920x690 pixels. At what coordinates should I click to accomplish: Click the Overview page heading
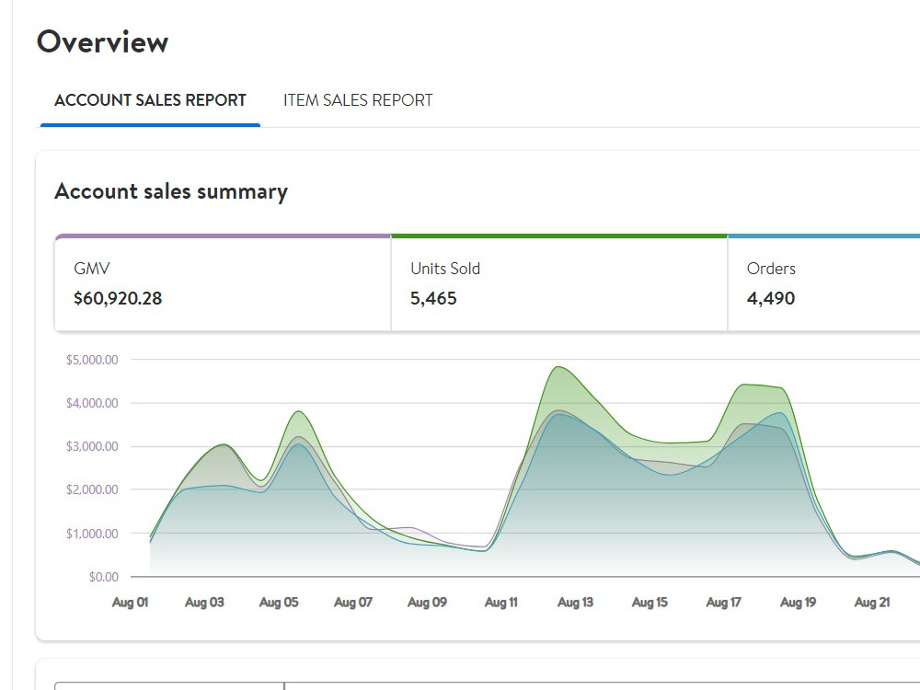pyautogui.click(x=103, y=42)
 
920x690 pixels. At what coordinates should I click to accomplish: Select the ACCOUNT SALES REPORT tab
pyautogui.click(x=150, y=100)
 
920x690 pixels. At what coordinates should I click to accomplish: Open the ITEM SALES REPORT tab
pyautogui.click(x=358, y=100)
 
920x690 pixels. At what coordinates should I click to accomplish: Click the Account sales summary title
pyautogui.click(x=171, y=192)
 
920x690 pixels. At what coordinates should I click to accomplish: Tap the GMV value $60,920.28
pyautogui.click(x=118, y=299)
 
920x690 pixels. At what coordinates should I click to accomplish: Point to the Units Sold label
pyautogui.click(x=445, y=269)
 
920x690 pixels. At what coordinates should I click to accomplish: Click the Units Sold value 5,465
pyautogui.click(x=433, y=299)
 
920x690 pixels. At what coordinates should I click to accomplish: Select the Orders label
pyautogui.click(x=771, y=269)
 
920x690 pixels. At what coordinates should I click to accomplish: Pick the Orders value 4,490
pyautogui.click(x=771, y=299)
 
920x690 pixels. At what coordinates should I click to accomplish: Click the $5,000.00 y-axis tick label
pyautogui.click(x=92, y=360)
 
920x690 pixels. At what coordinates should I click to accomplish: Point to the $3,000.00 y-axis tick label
pyautogui.click(x=92, y=446)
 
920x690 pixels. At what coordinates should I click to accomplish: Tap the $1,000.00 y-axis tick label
pyautogui.click(x=92, y=534)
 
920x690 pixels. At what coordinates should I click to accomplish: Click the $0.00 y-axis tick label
pyautogui.click(x=104, y=578)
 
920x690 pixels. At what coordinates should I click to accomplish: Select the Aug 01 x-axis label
pyautogui.click(x=131, y=603)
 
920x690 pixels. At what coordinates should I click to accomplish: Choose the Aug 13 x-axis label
pyautogui.click(x=576, y=603)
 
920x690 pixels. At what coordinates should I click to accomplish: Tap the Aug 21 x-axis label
pyautogui.click(x=872, y=603)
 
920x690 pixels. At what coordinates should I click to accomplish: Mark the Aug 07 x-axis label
pyautogui.click(x=353, y=603)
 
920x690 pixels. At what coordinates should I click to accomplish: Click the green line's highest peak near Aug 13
pyautogui.click(x=558, y=367)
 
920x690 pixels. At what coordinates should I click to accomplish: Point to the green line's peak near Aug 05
pyautogui.click(x=299, y=411)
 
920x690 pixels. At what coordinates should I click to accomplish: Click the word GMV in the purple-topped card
pyautogui.click(x=92, y=269)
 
